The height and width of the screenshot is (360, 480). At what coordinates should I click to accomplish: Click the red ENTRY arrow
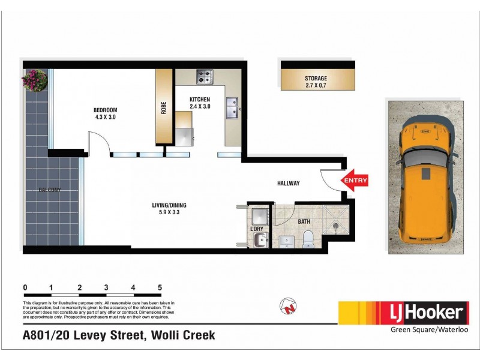pyautogui.click(x=355, y=179)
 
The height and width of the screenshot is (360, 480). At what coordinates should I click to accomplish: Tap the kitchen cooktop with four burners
pyautogui.click(x=205, y=77)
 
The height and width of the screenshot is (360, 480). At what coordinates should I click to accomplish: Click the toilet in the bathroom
pyautogui.click(x=307, y=238)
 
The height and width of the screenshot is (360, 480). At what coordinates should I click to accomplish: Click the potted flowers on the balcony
pyautogui.click(x=35, y=80)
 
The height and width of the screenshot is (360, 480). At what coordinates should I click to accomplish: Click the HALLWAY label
pyautogui.click(x=288, y=183)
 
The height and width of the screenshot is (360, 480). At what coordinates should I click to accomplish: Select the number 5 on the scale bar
pyautogui.click(x=160, y=287)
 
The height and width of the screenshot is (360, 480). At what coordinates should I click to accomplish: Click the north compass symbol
pyautogui.click(x=289, y=307)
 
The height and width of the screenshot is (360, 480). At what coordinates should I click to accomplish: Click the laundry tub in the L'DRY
pyautogui.click(x=258, y=241)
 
